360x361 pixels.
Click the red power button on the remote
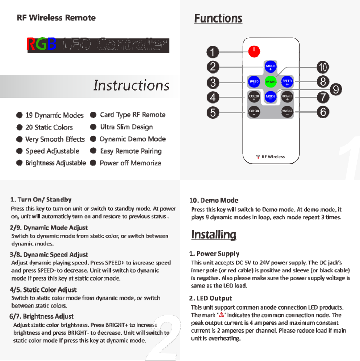[254, 51]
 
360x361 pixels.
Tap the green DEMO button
[270, 82]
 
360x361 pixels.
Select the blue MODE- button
[270, 97]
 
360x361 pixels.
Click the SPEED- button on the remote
[254, 82]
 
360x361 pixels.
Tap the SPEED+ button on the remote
[287, 82]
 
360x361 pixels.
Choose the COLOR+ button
[254, 97]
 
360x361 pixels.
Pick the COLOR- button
[254, 112]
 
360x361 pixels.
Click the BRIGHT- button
[287, 112]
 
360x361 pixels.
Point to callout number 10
[323, 67]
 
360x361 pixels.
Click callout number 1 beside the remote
[213, 52]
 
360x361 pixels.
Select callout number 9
[335, 89]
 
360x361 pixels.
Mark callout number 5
[213, 113]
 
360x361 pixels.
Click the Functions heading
[218, 18]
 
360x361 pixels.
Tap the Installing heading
[214, 235]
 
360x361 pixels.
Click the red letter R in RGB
[31, 44]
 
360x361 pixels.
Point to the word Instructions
[131, 85]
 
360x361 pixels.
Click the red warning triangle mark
[221, 315]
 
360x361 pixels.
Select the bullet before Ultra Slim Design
[93, 127]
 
